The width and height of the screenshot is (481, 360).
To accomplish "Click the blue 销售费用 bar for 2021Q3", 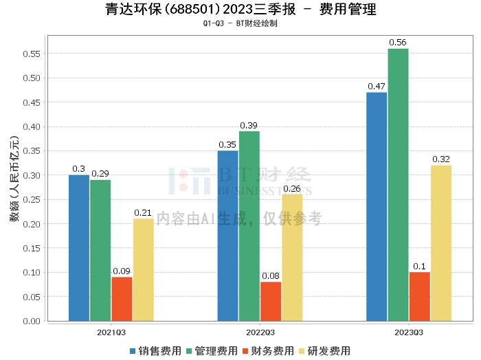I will tap(79, 248).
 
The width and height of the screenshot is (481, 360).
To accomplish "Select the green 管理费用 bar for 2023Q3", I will tap(398, 185).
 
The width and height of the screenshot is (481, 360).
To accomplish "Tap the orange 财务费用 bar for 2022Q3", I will tap(271, 301).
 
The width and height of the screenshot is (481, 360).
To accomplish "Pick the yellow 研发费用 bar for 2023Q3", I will tap(441, 243).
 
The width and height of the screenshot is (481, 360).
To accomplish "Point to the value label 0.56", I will tap(398, 43).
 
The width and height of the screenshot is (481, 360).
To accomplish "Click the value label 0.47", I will tap(376, 87).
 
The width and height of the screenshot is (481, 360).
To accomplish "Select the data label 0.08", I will tap(271, 276).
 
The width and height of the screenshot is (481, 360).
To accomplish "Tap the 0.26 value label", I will tap(293, 189).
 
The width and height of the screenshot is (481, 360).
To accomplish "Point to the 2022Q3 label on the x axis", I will tap(260, 331).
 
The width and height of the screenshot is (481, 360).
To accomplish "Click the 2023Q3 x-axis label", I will tap(409, 331).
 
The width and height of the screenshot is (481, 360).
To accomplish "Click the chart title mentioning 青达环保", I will tap(240, 10).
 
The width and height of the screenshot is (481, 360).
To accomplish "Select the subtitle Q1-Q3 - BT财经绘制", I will tap(240, 23).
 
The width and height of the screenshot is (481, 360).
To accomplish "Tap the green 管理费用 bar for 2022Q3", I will tap(249, 226).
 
